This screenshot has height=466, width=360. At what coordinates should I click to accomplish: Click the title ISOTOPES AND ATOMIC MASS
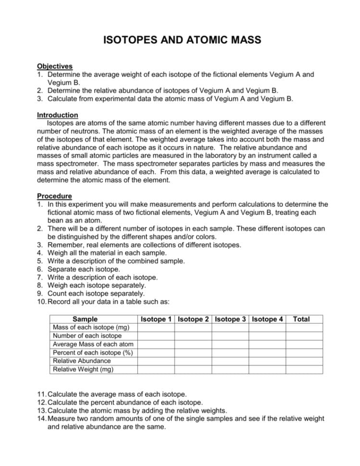coord(182,40)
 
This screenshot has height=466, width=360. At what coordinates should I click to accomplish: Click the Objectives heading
coord(54,66)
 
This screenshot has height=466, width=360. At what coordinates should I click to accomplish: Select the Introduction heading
coord(57,115)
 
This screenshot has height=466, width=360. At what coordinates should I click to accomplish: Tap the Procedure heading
coord(54,196)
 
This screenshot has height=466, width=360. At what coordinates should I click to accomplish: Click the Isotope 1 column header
coord(156,319)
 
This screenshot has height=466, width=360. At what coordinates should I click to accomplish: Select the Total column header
coord(301,319)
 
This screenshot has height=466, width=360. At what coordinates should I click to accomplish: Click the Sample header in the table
coord(85,319)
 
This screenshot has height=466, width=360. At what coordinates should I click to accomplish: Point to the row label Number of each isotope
coord(87,336)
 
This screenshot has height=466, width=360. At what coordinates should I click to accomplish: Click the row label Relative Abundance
coord(81,361)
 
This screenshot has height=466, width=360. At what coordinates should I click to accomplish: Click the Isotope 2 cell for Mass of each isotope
coord(194,328)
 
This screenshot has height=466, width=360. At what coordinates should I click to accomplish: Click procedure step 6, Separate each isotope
coord(87,270)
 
